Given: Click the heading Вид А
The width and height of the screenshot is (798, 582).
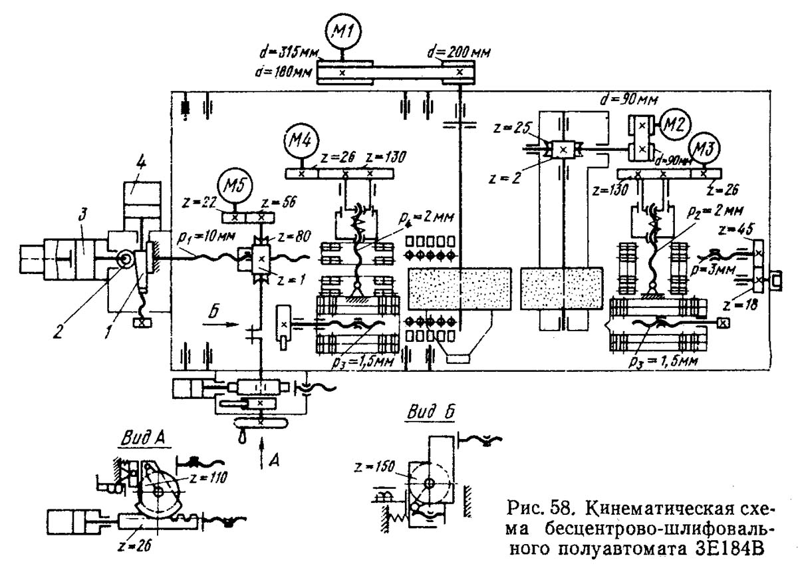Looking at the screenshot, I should (x=142, y=438).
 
